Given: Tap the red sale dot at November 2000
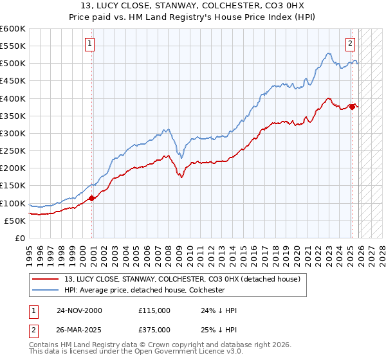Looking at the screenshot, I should click(x=91, y=198).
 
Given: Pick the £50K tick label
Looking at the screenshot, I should click(x=15, y=221).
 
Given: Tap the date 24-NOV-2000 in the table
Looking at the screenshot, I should click(x=79, y=310).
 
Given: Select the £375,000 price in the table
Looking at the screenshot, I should click(x=154, y=330).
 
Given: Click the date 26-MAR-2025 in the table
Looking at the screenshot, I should click(x=79, y=330).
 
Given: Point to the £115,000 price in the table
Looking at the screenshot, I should click(x=154, y=310).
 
